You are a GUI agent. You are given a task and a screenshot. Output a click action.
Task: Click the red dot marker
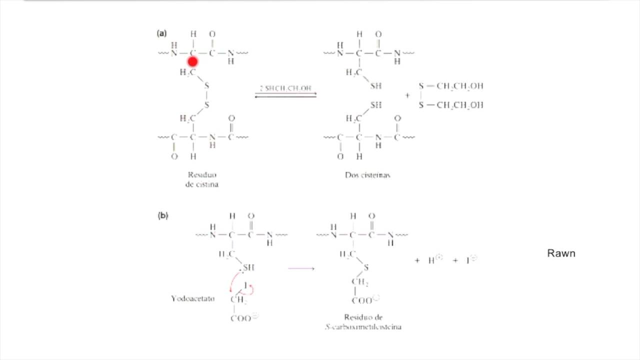(192, 61)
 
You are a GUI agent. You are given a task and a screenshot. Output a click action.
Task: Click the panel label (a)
(161, 33)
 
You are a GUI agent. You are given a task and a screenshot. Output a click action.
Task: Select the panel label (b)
(163, 216)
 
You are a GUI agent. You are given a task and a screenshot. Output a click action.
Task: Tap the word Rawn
(561, 253)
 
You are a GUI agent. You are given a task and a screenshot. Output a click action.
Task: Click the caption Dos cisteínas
(367, 175)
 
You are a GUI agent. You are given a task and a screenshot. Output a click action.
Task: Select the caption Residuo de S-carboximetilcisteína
(363, 322)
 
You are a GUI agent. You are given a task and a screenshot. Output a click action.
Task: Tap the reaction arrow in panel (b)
(301, 268)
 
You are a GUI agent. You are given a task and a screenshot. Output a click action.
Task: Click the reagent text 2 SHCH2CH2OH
(285, 88)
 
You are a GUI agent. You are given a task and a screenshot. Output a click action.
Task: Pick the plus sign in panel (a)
(407, 95)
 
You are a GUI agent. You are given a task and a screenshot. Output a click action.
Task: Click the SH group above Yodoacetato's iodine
(248, 267)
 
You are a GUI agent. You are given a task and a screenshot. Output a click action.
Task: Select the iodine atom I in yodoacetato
(245, 285)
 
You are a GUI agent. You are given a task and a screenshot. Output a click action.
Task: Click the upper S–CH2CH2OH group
(451, 86)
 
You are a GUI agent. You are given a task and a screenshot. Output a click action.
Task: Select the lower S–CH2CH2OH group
(451, 105)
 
